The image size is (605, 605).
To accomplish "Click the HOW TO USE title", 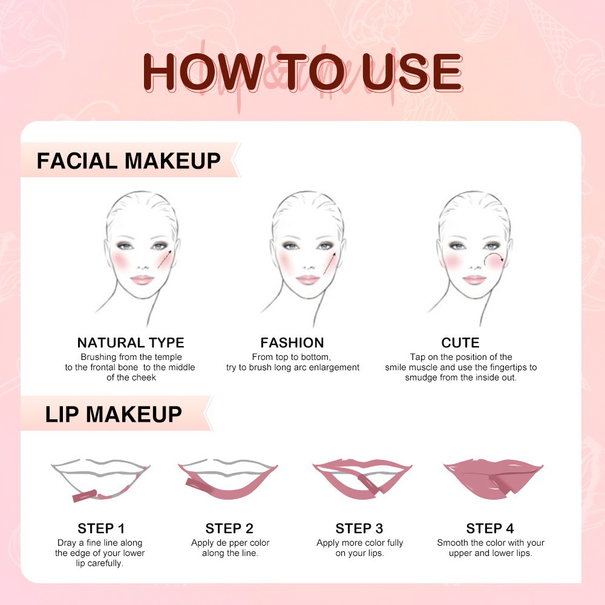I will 302,73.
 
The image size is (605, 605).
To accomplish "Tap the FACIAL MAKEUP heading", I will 128,161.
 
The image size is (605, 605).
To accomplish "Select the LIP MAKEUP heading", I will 113,414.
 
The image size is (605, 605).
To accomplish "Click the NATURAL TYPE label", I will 131,343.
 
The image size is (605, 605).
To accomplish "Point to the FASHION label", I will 292,343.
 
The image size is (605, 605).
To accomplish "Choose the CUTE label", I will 460,343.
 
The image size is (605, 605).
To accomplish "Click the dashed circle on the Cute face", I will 494,261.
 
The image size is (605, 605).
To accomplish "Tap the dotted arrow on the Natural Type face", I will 165,258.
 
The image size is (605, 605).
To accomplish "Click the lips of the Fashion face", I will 308,280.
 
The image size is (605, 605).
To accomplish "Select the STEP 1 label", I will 101,528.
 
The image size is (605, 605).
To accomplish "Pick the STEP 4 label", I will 490,528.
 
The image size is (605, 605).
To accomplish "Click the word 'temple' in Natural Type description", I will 169,358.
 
